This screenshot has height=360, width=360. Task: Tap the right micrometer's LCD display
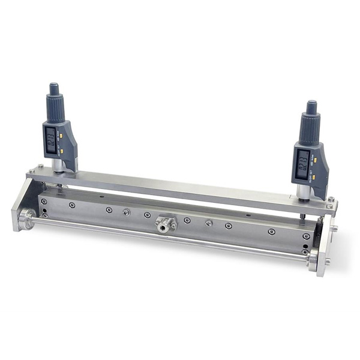pyautogui.click(x=303, y=163)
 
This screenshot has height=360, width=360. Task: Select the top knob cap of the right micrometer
pyautogui.click(x=311, y=107)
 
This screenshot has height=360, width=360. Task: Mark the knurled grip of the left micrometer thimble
pyautogui.click(x=56, y=109)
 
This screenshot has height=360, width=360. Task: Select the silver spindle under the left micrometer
pyautogui.click(x=58, y=165)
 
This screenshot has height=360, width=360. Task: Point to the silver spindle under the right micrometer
pyautogui.click(x=303, y=192)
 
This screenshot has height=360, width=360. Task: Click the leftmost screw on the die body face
pyautogui.click(x=72, y=205)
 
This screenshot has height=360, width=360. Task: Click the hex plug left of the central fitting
pyautogui.click(x=127, y=212)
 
